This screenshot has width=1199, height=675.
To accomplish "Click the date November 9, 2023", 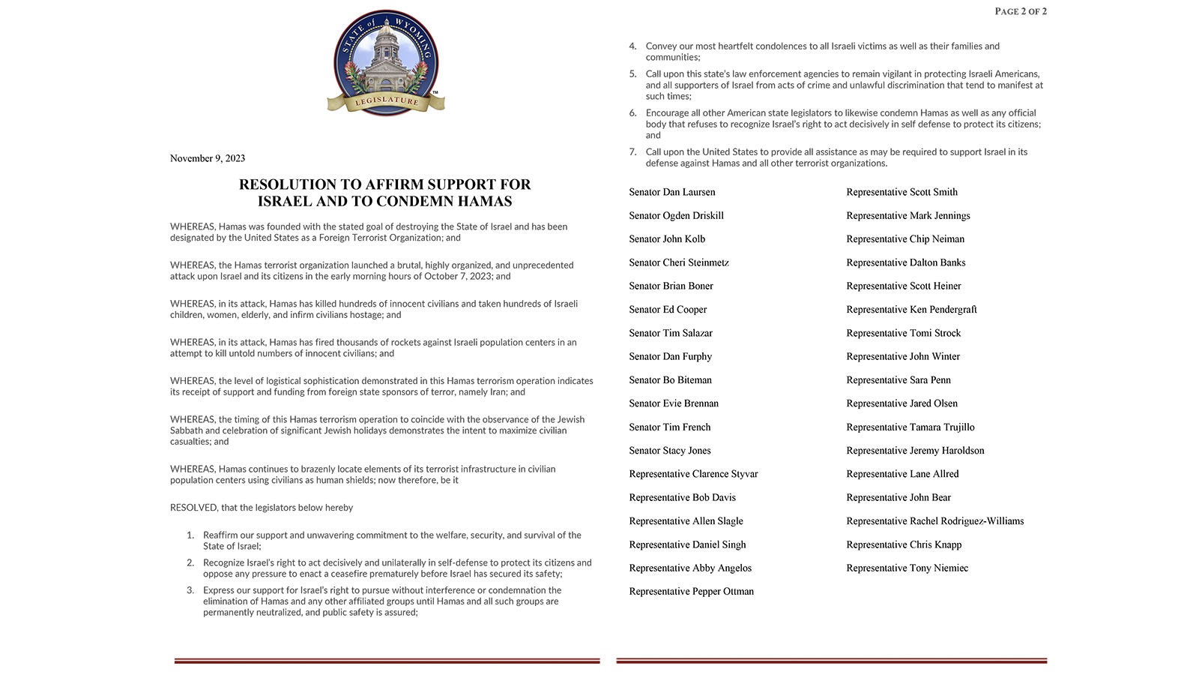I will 208,158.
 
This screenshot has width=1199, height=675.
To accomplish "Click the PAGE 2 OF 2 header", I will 1021,11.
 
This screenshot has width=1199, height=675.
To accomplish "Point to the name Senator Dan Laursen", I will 672,192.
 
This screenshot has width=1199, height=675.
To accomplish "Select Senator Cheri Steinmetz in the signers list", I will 679,262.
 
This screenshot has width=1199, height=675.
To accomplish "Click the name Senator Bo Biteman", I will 671,380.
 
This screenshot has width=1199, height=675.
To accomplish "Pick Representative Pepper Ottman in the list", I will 692,592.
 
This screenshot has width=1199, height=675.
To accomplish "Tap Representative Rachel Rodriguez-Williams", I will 935,521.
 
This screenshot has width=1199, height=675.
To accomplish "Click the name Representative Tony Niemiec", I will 907,568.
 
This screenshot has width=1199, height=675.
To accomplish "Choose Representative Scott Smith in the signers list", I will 902,192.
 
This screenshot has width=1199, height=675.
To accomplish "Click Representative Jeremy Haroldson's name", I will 916,451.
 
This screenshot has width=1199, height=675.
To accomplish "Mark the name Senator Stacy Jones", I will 670,451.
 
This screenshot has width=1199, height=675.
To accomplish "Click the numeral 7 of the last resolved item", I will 633,152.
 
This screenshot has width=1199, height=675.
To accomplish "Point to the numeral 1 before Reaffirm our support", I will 190,535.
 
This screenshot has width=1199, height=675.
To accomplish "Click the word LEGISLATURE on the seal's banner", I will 387,100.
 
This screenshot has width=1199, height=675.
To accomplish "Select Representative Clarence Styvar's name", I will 694,474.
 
